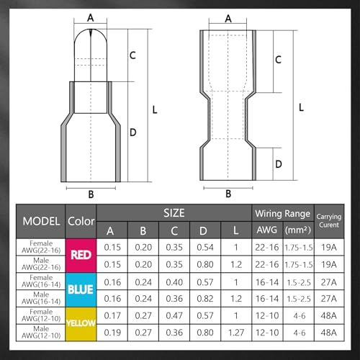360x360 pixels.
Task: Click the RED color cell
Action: click(81, 256)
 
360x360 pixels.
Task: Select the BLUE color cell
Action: click(81, 289)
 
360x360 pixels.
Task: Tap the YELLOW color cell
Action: click(81, 324)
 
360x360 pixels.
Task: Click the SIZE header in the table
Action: click(174, 213)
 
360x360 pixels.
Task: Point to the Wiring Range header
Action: click(283, 213)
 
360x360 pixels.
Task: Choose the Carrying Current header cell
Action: click(329, 221)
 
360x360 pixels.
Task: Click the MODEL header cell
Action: click(41, 221)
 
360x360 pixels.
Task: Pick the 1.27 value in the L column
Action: click(236, 333)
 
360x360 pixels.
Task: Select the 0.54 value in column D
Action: click(205, 248)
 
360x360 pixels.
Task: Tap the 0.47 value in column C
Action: click(174, 315)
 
